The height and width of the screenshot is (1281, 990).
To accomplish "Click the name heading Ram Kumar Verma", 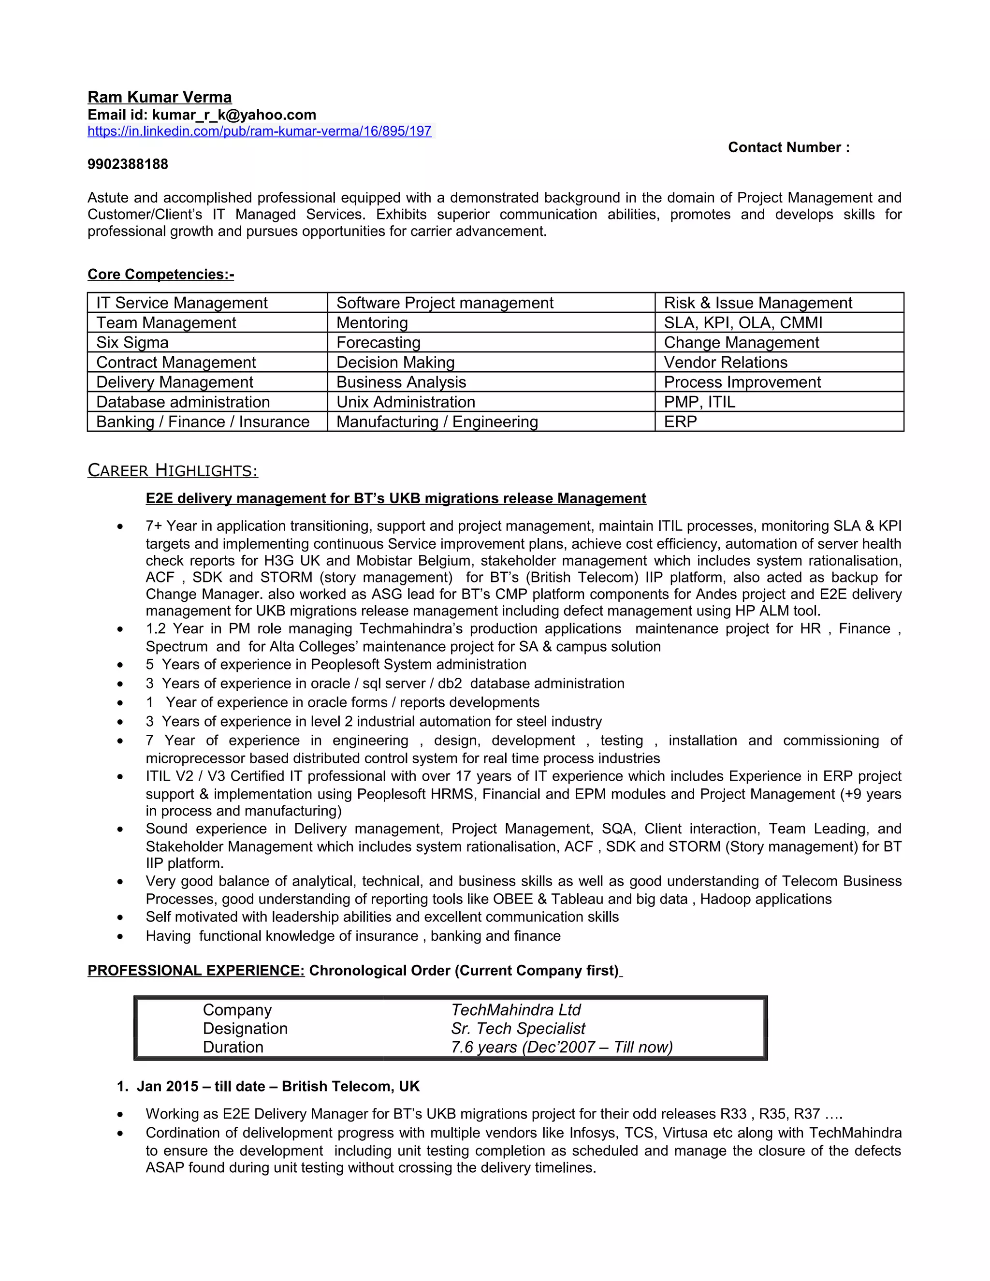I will (160, 97).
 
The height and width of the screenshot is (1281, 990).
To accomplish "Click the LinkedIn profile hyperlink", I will (259, 131).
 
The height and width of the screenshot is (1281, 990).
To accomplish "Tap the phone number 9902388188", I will (128, 164).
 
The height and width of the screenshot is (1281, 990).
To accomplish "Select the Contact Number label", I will (788, 147).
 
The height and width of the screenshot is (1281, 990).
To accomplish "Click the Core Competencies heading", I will (160, 274).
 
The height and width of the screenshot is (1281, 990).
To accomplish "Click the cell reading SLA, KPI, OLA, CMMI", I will (742, 322).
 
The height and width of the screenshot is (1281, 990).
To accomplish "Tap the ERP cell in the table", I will (680, 422).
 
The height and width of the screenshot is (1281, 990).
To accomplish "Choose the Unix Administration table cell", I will (405, 402).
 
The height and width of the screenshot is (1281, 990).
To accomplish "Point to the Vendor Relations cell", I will (725, 362).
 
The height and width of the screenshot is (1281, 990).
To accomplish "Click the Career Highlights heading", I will (173, 470).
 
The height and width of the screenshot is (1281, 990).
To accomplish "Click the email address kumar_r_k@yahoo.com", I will (234, 115).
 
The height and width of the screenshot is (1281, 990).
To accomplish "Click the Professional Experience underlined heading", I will (196, 970).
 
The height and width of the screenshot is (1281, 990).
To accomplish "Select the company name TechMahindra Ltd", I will (515, 1009).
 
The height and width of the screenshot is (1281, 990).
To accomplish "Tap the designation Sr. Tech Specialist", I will (518, 1028).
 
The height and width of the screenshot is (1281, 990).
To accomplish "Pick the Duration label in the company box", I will (233, 1047).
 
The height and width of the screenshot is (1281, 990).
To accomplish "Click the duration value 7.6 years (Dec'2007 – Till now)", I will (561, 1047).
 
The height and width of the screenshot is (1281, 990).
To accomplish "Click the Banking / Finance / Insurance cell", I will (203, 422).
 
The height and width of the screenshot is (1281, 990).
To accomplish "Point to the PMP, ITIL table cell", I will (699, 402).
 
